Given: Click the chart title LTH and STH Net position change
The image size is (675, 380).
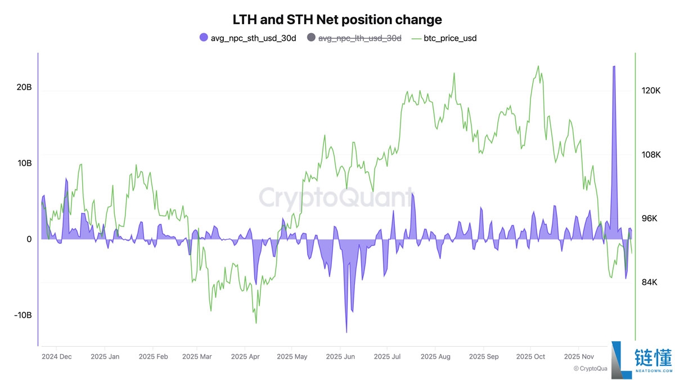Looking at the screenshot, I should [x=337, y=20].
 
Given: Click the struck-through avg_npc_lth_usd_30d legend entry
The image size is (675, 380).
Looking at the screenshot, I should [x=360, y=38].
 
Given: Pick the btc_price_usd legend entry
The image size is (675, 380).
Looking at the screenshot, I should [x=450, y=38].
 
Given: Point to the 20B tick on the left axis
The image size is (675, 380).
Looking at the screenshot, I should [x=24, y=88].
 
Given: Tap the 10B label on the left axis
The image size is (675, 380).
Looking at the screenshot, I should [x=24, y=163].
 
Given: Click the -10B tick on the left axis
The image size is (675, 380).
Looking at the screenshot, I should [x=22, y=315].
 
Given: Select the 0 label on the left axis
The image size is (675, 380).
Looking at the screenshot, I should [x=29, y=239].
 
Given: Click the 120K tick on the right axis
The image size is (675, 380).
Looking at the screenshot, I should [x=651, y=91].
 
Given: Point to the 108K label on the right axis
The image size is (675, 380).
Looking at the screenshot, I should [x=651, y=154].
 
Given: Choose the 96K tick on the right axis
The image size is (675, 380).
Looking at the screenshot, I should [x=650, y=218].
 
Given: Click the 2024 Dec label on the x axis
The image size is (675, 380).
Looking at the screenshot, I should [x=56, y=356].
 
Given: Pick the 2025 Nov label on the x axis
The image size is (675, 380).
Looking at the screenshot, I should [x=579, y=356].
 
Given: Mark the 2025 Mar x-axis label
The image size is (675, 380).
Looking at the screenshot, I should [x=197, y=356].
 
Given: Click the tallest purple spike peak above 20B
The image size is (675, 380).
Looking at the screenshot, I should [x=614, y=66].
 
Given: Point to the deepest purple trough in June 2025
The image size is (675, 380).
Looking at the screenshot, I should [x=346, y=332].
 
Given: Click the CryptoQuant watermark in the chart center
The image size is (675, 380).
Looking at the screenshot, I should [x=336, y=198].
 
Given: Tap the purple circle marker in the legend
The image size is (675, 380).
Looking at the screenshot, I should [x=204, y=38].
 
